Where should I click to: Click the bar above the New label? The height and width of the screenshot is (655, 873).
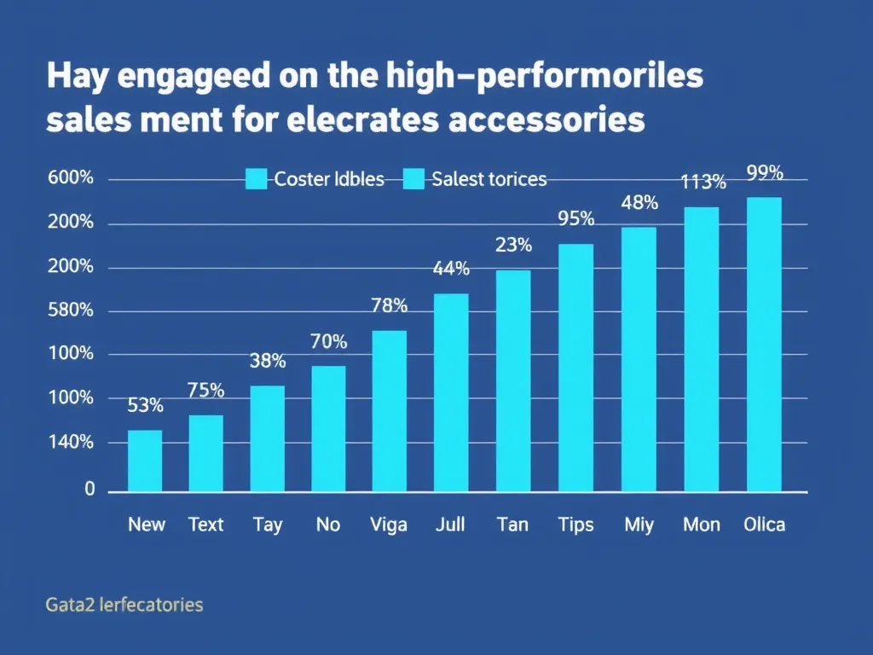coord(145,461)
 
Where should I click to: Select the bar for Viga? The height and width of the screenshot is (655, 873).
coord(390,411)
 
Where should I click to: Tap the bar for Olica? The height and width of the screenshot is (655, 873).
coord(764,345)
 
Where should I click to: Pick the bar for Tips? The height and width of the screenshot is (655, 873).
coord(575,368)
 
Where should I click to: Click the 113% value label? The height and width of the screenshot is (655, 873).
coord(703,182)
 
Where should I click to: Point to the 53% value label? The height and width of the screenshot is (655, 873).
coord(145,406)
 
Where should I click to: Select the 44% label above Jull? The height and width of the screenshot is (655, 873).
coord(451,269)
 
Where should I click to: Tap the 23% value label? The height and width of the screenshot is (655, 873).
coord(513,246)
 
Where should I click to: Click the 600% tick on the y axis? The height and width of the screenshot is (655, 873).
coord(71,178)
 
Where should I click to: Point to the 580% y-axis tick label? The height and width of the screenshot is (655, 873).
coord(71,310)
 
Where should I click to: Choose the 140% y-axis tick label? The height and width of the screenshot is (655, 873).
coord(71,442)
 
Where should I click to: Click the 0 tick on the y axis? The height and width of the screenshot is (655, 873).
coord(89,490)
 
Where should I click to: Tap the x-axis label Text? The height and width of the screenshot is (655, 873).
coord(205,525)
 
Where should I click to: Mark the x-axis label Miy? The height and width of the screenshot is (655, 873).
coord(639,525)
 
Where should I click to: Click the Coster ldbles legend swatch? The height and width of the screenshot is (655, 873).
coord(257,179)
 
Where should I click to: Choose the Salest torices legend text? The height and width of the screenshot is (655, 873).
coord(489,179)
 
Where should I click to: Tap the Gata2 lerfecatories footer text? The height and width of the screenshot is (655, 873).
coord(124,606)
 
